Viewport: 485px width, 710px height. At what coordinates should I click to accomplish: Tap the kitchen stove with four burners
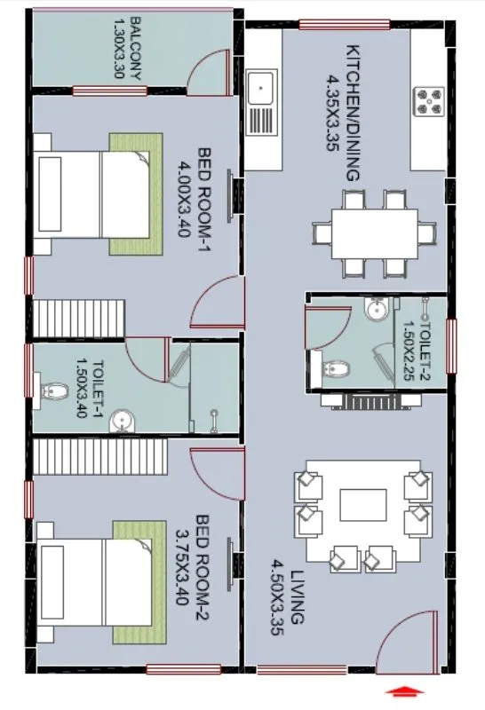pyautogui.click(x=430, y=100)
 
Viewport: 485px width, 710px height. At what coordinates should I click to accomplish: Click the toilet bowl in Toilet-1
pyautogui.click(x=55, y=388)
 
